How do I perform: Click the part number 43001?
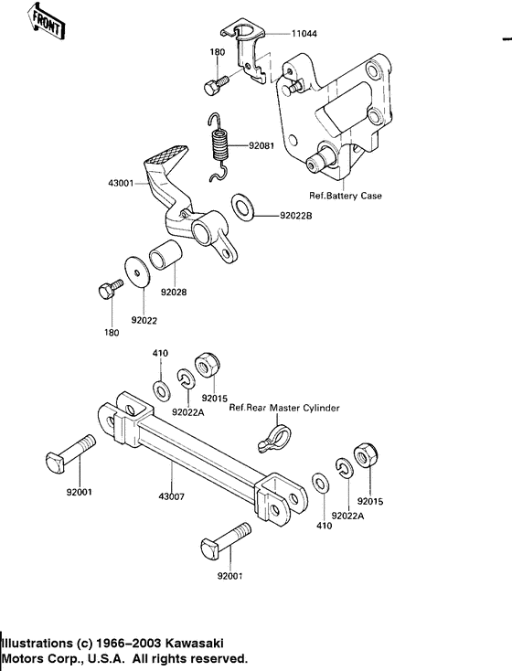pos(121,184)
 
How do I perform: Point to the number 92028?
pos(174,294)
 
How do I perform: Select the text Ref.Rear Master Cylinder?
pos(283,408)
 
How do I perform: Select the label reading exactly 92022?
pos(144,320)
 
